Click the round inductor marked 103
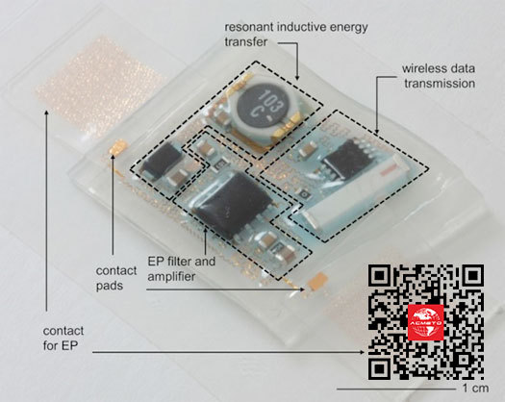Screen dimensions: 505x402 point(266,112)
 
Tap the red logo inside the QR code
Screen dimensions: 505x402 point(425,322)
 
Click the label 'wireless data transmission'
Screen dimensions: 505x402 point(439,76)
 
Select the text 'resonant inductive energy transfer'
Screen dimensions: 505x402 point(296,35)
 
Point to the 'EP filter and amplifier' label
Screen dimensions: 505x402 point(182,268)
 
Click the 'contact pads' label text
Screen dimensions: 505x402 point(116,278)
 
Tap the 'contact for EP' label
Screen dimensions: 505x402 point(63,338)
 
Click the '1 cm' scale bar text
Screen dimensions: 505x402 point(475,389)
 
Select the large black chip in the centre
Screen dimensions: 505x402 point(229,204)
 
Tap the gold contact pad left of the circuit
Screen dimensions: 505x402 point(118,147)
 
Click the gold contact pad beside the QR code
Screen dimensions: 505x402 point(317,280)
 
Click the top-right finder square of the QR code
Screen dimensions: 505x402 point(471,277)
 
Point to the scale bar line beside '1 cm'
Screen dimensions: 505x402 point(396,389)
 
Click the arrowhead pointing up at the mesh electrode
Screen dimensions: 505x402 point(47,113)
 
